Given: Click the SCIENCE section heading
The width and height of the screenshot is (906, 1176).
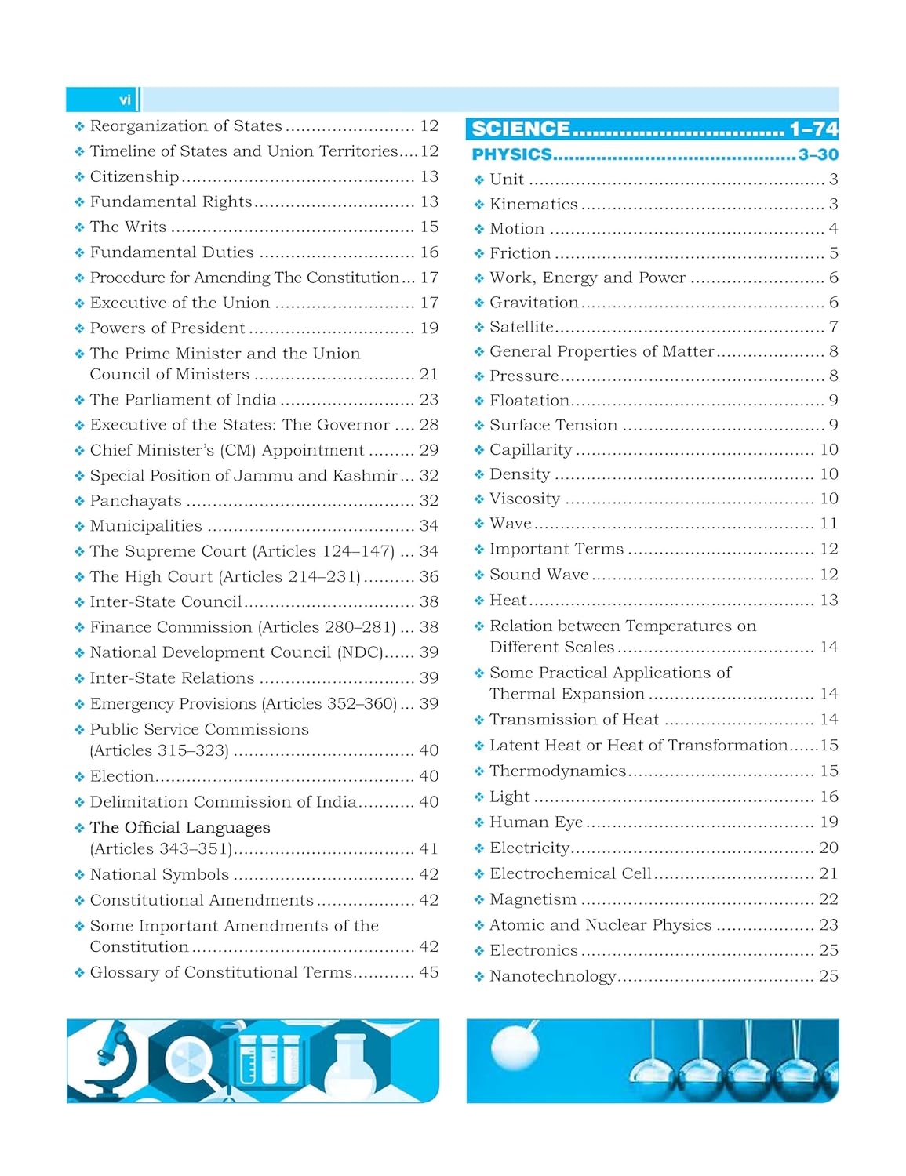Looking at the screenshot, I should coord(521,129).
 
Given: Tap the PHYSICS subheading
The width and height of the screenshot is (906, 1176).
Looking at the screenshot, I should coord(511,154).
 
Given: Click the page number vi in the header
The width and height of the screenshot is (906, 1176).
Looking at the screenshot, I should coord(125,100).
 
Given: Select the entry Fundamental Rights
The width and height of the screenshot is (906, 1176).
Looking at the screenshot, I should coord(171,201).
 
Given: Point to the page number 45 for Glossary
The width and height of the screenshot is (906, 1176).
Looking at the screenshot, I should coord(428,972).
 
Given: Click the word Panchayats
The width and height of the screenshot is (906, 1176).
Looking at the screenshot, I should coord(136,501).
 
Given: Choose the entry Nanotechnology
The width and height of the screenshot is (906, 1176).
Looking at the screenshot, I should coord(552,976).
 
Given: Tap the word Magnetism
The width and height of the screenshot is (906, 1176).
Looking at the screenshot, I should coord(533,899).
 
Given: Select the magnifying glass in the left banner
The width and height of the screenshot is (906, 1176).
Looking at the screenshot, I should coord(191,1059).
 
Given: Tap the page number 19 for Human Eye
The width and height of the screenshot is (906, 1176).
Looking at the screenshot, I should coord(828,822).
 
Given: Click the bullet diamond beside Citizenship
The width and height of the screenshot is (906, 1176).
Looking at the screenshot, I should coord(79,177).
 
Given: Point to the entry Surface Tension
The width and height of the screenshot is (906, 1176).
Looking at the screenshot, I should coord(553,425).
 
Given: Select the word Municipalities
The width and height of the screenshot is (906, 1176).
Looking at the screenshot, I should coord(146,526).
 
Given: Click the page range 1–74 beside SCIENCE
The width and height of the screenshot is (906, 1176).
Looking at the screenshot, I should coord(813,129).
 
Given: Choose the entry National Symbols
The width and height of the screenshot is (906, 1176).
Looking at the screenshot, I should coord(159,874).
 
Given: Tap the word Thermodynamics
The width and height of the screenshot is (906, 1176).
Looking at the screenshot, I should coord(558,771).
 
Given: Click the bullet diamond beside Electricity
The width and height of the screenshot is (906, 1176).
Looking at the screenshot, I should coord(479,848).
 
